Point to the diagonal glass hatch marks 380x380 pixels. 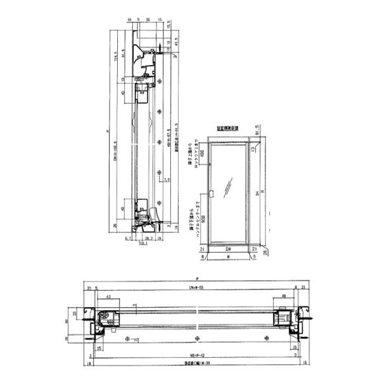tap(229, 185)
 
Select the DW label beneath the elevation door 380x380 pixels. tap(228, 250)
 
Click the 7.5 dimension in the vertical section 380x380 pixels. tap(166, 180)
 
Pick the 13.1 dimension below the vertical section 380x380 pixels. tap(142, 243)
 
